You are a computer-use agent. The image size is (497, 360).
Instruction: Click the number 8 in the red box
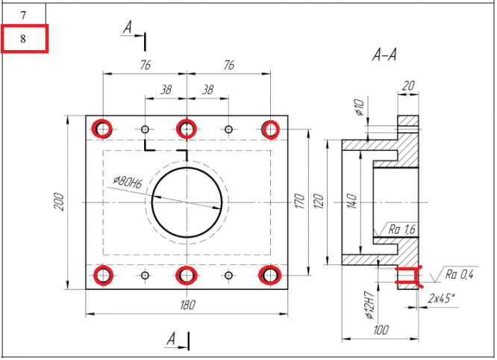click(x=24, y=39)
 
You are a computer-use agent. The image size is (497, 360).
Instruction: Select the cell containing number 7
click(x=24, y=15)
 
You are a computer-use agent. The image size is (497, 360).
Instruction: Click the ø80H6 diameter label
click(x=128, y=181)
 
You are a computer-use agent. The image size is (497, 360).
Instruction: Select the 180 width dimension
click(x=186, y=305)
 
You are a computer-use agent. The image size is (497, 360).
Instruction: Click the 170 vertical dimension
click(x=300, y=202)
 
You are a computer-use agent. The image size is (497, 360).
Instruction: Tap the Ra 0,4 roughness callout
click(x=459, y=276)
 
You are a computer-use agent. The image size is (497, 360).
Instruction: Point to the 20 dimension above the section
click(x=407, y=85)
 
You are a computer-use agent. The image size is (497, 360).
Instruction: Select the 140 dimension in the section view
click(x=351, y=202)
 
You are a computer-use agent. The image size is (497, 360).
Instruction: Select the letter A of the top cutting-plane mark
click(x=128, y=27)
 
